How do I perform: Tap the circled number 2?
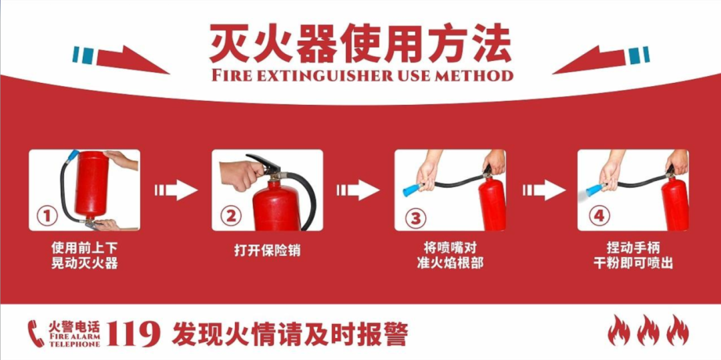click(x=231, y=216)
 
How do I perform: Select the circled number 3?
click(x=415, y=218)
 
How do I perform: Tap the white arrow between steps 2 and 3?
click(x=358, y=190)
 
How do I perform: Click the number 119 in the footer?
click(x=134, y=334)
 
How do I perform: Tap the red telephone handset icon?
click(x=36, y=333)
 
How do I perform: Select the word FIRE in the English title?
click(x=232, y=75)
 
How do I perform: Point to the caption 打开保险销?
click(x=267, y=251)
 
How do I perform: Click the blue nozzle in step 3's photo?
click(x=413, y=188)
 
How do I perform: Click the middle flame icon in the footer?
click(x=648, y=330)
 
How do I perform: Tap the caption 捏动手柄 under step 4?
click(x=633, y=248)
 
